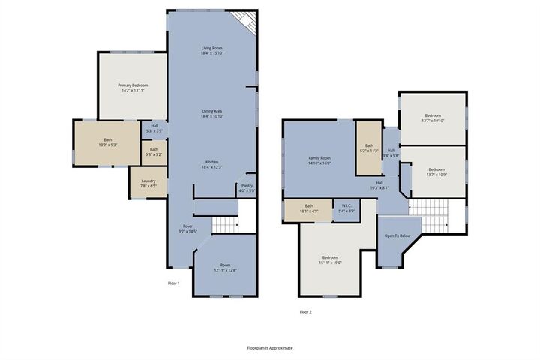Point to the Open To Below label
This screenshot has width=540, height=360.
pos(397,235)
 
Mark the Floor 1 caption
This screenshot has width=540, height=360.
pos(173,283)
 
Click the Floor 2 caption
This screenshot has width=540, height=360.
pos(305,311)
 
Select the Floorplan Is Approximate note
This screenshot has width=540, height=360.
pos(270,348)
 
